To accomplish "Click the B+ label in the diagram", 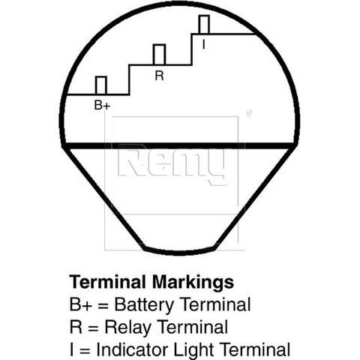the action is pos(102,105).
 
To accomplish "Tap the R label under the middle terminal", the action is pos(159,76).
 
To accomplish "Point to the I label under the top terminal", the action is pos(204,44).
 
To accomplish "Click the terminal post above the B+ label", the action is pos(101,85).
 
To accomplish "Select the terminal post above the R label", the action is pos(159,55).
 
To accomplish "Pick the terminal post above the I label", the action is pos(204,24).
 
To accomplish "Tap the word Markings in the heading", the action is pos(193,283).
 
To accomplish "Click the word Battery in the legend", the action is pos(144,305).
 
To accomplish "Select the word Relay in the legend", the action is pos(127,327).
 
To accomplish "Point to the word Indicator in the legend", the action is pos(133,349).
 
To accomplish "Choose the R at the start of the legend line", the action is pos(76,326).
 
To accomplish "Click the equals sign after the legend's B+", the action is pos(103,306).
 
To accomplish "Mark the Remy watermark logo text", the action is pos(171,163).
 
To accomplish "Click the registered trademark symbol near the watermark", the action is pos(249,113).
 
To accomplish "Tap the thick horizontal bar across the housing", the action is pos(179,145).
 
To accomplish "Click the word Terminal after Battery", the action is pos(214,304).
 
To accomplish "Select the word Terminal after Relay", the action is pos(193,326).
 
